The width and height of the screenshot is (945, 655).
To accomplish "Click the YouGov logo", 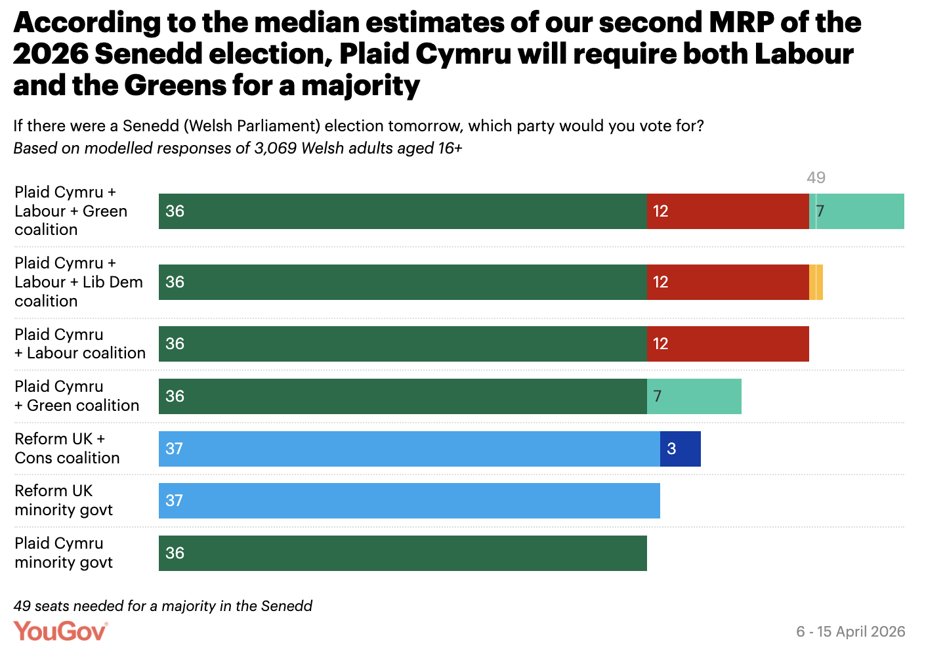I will (x=60, y=631).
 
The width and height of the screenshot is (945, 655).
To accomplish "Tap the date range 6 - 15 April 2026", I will (x=850, y=631).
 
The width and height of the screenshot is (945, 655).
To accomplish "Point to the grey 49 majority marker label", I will (x=816, y=177).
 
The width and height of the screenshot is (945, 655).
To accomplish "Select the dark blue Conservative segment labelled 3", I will (x=681, y=449).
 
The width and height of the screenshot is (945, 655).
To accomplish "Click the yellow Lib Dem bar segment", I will (x=816, y=282).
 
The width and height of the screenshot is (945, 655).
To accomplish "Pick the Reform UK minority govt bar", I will (x=409, y=501).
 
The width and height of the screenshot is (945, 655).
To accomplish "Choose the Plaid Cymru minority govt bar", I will (x=402, y=553).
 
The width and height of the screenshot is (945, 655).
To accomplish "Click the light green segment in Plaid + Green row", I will (x=694, y=396).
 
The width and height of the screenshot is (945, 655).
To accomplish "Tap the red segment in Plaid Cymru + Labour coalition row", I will (x=728, y=344).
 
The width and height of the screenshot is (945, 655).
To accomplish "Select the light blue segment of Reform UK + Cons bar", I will (x=409, y=449).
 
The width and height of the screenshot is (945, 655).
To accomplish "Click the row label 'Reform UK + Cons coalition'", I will (x=67, y=448).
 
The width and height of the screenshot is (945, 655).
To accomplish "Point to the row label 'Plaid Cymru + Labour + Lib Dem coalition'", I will (x=78, y=282).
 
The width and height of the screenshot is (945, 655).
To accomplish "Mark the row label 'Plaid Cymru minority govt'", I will (x=64, y=553).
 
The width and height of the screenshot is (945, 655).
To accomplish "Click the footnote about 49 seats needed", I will (x=163, y=606).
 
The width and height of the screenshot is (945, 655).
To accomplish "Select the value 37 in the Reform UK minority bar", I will (x=174, y=501).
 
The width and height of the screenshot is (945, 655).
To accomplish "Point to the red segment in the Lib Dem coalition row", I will (x=728, y=282).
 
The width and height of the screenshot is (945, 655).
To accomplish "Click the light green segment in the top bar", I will (x=860, y=211).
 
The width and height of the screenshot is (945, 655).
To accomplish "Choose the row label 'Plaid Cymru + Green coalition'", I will (x=77, y=396).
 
